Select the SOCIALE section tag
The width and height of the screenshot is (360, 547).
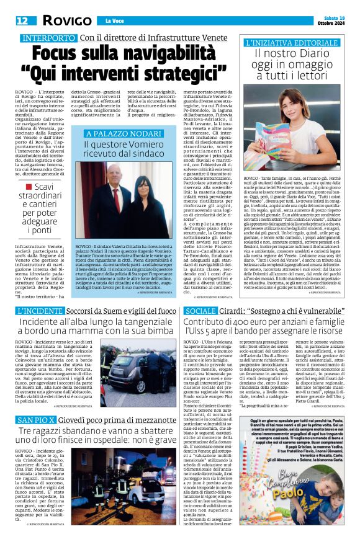coord(200,310)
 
